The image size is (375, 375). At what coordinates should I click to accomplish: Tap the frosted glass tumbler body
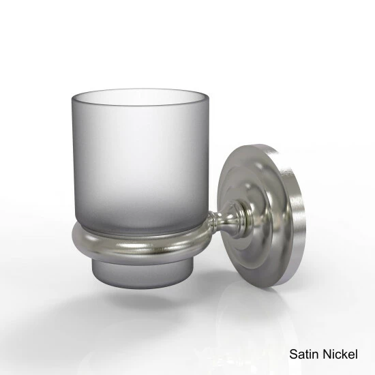140,163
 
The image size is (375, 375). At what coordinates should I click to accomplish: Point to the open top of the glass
140,97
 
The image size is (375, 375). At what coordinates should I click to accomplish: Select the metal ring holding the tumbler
141,246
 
